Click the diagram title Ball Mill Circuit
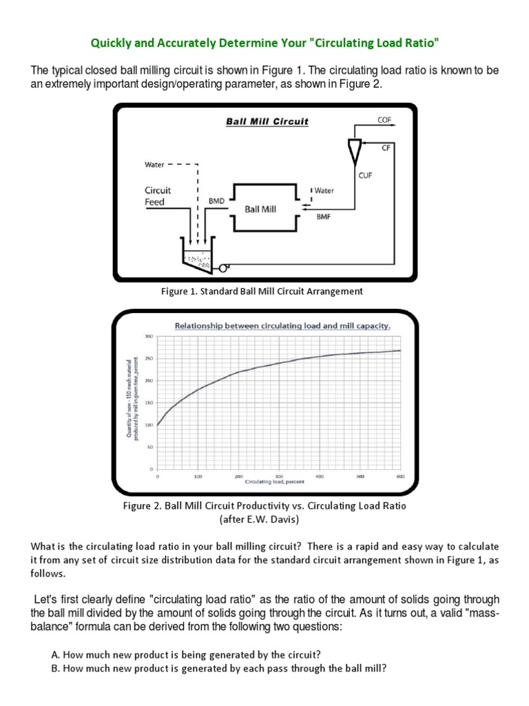pyautogui.click(x=267, y=122)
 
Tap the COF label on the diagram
pyautogui.click(x=384, y=119)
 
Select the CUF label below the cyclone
pyautogui.click(x=365, y=175)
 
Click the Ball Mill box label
pyautogui.click(x=260, y=209)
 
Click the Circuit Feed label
pyautogui.click(x=157, y=196)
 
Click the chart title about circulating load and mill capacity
pyautogui.click(x=282, y=326)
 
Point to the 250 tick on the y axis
pyautogui.click(x=148, y=359)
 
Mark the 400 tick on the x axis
pyautogui.click(x=319, y=476)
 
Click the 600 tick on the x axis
pyautogui.click(x=400, y=476)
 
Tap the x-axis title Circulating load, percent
pyautogui.click(x=279, y=482)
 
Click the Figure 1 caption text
pyautogui.click(x=262, y=292)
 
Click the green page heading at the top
pyautogui.click(x=264, y=44)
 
